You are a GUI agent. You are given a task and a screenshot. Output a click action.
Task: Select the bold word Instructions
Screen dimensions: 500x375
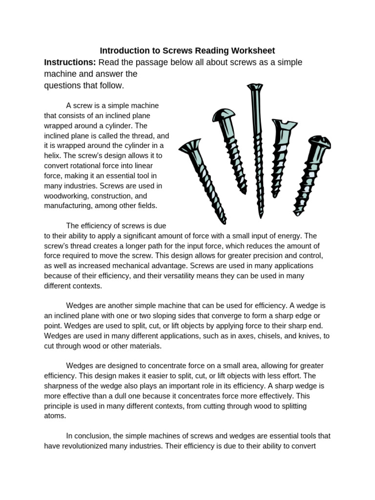[x=70, y=62]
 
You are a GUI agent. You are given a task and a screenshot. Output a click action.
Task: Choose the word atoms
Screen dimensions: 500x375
[x=54, y=416]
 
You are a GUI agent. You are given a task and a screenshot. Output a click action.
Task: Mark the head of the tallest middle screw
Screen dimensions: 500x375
[x=255, y=88]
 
